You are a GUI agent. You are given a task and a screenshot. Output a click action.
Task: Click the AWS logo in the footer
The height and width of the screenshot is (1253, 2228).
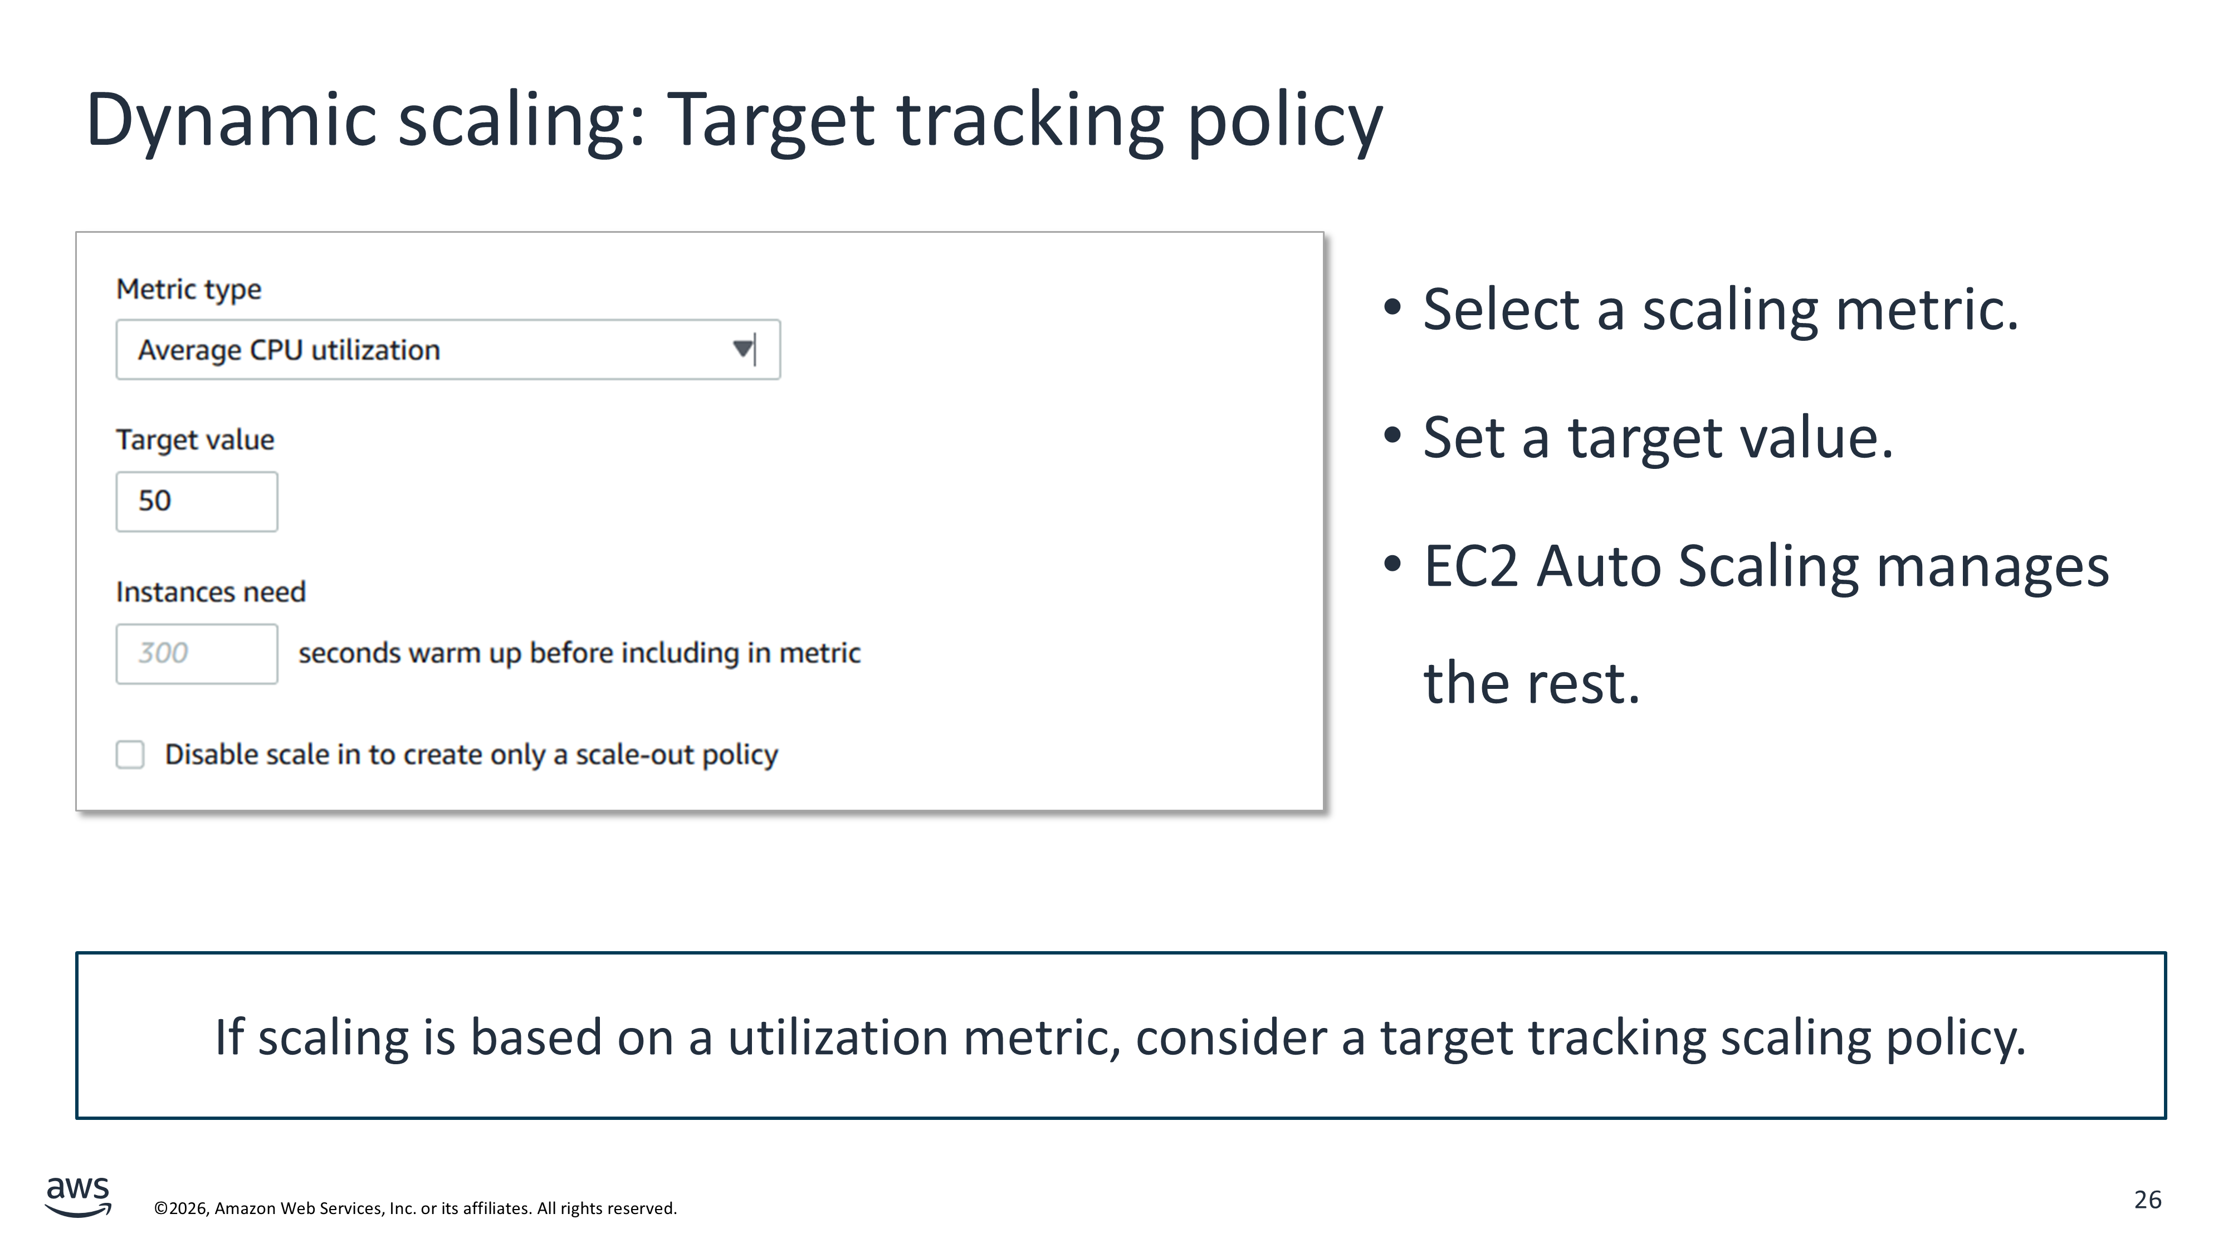pyautogui.click(x=78, y=1196)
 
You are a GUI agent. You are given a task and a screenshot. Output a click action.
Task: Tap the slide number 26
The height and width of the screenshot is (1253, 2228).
pyautogui.click(x=2148, y=1200)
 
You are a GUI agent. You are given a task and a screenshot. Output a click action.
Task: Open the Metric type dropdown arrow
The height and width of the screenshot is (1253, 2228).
pyautogui.click(x=742, y=349)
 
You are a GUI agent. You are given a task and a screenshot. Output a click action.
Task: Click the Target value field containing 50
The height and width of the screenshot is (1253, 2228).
pyautogui.click(x=197, y=502)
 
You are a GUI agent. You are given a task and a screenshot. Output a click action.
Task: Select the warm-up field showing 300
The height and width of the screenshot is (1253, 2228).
pyautogui.click(x=197, y=654)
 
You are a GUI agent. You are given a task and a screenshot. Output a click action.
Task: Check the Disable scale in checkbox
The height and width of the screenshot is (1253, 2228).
pyautogui.click(x=130, y=754)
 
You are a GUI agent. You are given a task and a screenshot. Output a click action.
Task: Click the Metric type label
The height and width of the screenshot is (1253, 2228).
pyautogui.click(x=189, y=289)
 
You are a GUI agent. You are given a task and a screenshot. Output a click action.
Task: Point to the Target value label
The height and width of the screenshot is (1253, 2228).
pyautogui.click(x=196, y=440)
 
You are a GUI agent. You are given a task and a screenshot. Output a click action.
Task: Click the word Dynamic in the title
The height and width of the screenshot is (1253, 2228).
pyautogui.click(x=232, y=121)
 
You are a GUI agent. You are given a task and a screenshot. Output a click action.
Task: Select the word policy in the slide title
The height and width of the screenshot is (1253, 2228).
pyautogui.click(x=1285, y=121)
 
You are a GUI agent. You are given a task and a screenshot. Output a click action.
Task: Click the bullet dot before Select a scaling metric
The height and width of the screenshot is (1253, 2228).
pyautogui.click(x=1391, y=306)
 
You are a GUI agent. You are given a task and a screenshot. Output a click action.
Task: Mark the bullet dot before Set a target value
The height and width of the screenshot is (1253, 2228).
pyautogui.click(x=1391, y=435)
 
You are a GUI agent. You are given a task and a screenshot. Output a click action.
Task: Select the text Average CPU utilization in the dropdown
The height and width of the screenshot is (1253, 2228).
pyautogui.click(x=289, y=350)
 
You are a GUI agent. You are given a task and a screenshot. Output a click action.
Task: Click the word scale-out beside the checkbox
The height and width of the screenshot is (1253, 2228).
pyautogui.click(x=634, y=755)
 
